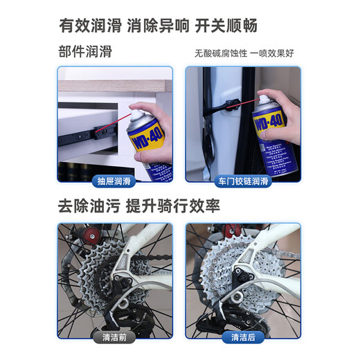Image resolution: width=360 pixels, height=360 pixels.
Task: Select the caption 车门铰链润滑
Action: (243, 183)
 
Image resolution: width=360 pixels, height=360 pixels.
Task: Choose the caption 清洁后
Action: (243, 338)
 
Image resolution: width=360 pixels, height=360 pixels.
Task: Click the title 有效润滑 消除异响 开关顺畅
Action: (180, 26)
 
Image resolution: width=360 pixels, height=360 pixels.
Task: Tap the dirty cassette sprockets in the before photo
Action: (104, 277)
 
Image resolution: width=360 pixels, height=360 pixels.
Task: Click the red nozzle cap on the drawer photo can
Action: (138, 109)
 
